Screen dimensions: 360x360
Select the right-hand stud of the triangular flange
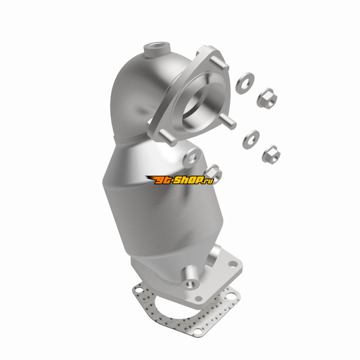[x=228, y=121]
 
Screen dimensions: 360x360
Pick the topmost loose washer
[x=245, y=83]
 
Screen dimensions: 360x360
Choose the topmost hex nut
[x=267, y=99]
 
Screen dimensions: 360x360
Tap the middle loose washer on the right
[x=251, y=139]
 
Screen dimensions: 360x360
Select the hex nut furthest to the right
[x=271, y=154]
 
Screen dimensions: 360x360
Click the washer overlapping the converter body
[x=192, y=157]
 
